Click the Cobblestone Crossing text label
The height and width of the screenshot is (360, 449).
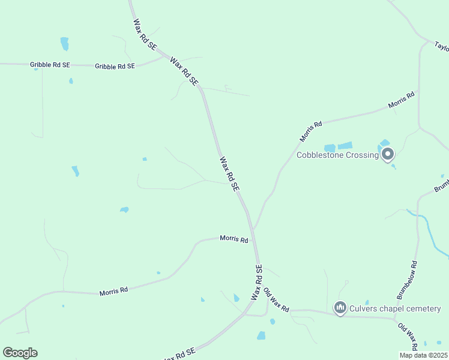[x=337, y=155]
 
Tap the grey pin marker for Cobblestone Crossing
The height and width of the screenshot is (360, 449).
[x=388, y=154]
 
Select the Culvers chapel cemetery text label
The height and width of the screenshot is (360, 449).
[x=395, y=308]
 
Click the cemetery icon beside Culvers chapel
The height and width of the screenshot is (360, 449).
[x=340, y=308]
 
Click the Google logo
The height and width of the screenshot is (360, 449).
[x=20, y=353]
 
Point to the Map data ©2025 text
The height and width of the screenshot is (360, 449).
[x=424, y=355]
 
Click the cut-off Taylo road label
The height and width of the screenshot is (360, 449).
[x=441, y=47]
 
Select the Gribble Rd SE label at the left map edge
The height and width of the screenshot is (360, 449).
[x=50, y=64]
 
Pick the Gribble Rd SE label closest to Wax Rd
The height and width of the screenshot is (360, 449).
[x=115, y=66]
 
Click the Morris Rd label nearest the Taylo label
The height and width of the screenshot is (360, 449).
[x=402, y=100]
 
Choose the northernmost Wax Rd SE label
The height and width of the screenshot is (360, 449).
[x=145, y=34]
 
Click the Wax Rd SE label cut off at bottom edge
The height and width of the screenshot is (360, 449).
[x=178, y=355]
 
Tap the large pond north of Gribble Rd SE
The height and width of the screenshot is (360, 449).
[x=64, y=44]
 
